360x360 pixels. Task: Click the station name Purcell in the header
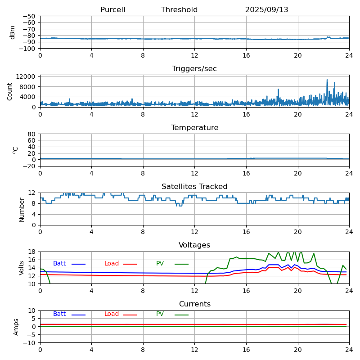click(112, 10)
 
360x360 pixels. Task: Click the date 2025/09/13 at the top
click(266, 10)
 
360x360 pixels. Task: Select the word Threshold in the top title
click(179, 10)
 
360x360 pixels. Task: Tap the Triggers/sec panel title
click(194, 69)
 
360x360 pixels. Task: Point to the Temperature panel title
click(194, 128)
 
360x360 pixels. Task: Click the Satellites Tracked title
click(194, 187)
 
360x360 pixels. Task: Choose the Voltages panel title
click(194, 245)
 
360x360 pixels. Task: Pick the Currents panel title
click(194, 304)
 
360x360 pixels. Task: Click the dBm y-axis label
click(13, 32)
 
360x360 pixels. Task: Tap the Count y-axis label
click(10, 91)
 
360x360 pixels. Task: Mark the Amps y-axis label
click(16, 327)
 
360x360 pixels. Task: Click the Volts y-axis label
click(22, 268)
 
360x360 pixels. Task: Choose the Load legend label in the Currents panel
click(112, 314)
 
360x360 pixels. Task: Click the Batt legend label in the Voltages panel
click(59, 264)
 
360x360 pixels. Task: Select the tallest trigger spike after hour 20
click(327, 80)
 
